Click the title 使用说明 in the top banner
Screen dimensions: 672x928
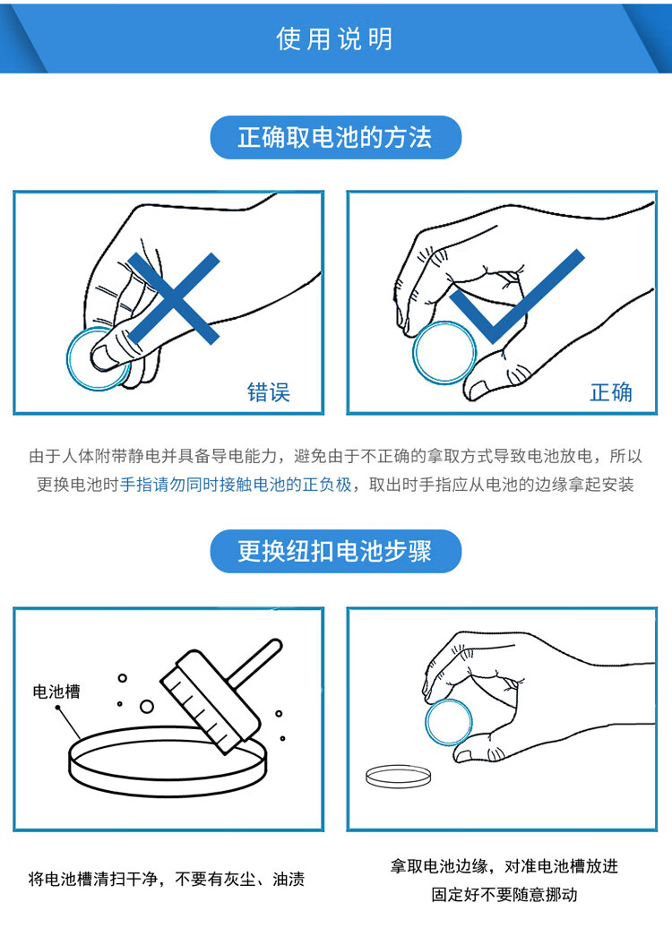tap(334, 39)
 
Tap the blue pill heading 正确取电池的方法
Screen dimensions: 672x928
tap(336, 137)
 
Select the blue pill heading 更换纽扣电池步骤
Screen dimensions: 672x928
tap(336, 551)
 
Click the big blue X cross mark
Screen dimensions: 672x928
tap(174, 298)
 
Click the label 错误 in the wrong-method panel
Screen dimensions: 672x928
tap(268, 392)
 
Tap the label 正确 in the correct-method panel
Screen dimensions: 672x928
tap(610, 392)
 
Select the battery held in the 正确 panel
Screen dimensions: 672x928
tap(444, 353)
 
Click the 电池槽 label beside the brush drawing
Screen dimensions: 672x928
tap(56, 691)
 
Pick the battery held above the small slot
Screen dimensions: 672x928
tap(448, 723)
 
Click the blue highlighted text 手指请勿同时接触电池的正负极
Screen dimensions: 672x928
tap(236, 485)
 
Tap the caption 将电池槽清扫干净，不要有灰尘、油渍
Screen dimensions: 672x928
tap(167, 879)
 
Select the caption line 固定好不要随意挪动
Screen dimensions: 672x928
tap(504, 894)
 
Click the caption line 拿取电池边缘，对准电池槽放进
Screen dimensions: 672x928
tap(504, 866)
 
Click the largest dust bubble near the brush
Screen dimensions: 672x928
tap(147, 707)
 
